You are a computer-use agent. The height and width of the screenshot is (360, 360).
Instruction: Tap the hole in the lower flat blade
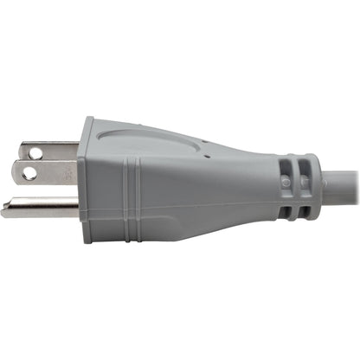click(x=30, y=173)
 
